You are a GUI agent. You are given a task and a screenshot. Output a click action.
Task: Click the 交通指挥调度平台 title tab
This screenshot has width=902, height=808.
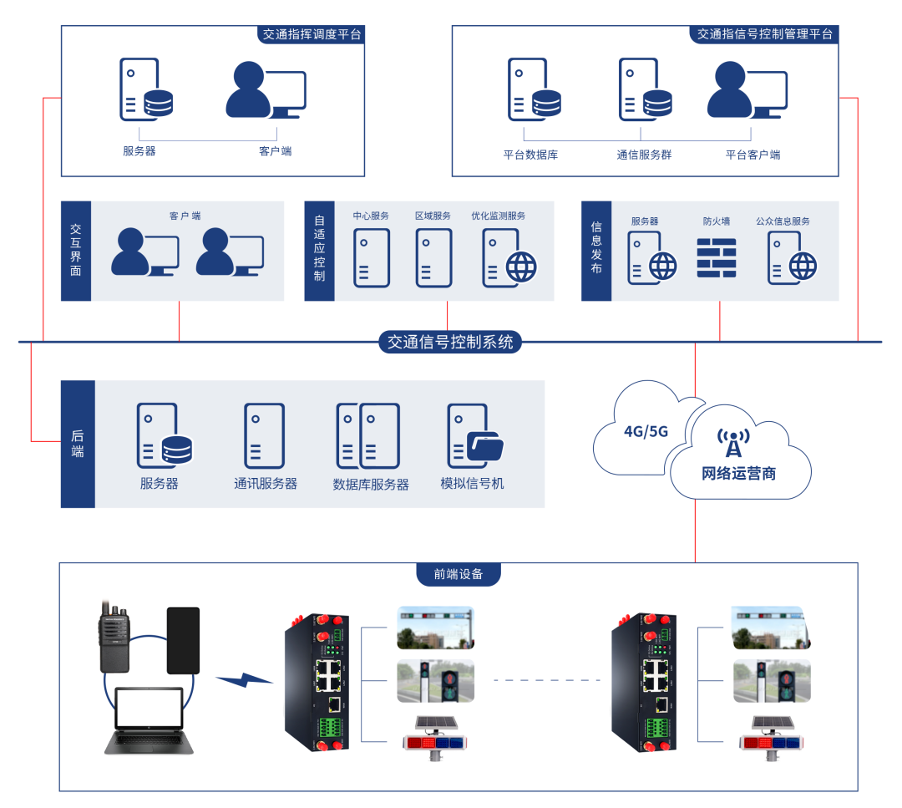[312, 34]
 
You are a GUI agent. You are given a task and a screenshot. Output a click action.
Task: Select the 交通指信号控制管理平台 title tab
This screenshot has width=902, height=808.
[764, 34]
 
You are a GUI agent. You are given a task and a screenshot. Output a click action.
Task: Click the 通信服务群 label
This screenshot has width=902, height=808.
[644, 155]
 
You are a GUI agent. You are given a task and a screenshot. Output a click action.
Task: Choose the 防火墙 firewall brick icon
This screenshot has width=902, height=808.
[717, 258]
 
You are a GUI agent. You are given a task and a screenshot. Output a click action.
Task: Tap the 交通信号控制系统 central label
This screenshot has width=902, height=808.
[450, 342]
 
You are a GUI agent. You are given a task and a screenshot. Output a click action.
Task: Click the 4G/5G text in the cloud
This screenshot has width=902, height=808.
[646, 432]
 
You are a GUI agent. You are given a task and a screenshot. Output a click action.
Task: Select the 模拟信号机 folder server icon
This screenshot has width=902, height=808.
[474, 436]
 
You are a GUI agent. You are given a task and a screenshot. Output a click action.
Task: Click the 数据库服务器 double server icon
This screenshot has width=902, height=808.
[368, 436]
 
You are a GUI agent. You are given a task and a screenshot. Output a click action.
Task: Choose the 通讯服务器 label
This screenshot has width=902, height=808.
[266, 484]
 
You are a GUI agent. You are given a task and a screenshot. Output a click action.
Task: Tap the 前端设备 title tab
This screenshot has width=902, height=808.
[459, 574]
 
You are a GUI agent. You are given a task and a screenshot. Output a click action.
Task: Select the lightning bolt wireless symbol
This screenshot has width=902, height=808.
[244, 680]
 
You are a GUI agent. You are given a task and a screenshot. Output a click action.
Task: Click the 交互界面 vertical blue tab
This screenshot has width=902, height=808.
[76, 251]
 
